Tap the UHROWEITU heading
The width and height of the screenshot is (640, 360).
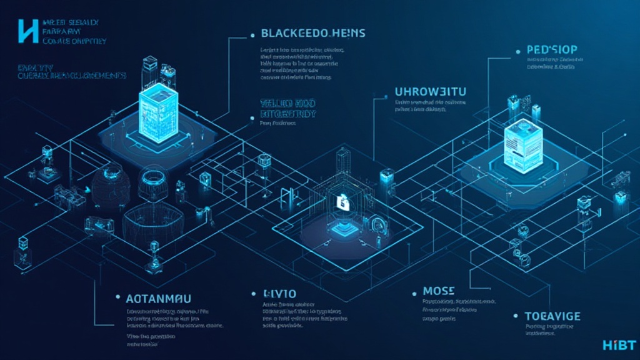[431, 92]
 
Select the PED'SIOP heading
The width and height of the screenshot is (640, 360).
[546, 50]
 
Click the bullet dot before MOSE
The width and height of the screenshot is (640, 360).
[414, 292]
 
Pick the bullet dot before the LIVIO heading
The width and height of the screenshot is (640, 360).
[254, 292]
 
